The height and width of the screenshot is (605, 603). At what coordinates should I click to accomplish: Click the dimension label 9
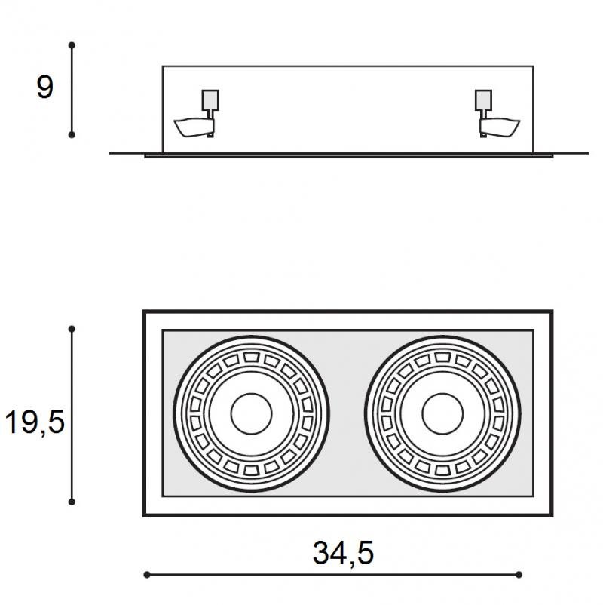(44, 88)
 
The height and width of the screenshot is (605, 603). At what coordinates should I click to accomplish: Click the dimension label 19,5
(35, 422)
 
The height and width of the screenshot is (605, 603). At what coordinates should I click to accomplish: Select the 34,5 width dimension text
(343, 553)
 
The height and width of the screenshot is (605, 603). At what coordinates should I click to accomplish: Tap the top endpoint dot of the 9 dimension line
(72, 45)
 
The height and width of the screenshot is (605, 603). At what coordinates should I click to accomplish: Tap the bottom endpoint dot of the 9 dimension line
(72, 135)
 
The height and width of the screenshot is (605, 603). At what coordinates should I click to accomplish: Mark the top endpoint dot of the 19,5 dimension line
(72, 329)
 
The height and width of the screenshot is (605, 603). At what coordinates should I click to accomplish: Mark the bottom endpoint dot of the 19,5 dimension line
(72, 502)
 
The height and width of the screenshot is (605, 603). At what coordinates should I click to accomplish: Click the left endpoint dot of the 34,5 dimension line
(147, 575)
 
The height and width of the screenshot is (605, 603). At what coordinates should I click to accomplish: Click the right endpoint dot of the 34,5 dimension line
(519, 575)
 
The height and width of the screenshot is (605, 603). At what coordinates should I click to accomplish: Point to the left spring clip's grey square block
(210, 100)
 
